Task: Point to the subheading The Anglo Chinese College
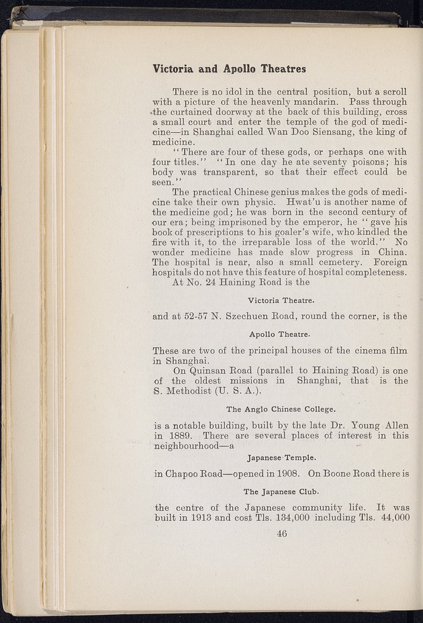click(281, 409)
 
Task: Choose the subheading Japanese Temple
click(281, 458)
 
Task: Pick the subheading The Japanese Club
click(281, 491)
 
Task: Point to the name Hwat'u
click(301, 203)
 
